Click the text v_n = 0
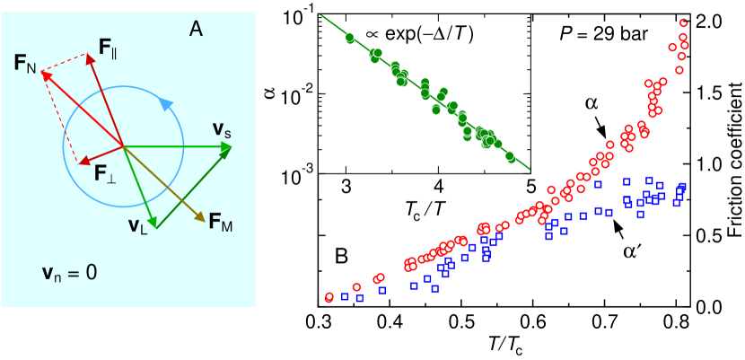click(x=70, y=272)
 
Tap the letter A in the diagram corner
click(x=196, y=30)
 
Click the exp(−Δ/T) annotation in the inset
click(x=419, y=34)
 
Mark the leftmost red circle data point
click(x=329, y=296)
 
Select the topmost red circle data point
click(x=685, y=22)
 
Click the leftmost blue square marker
click(x=346, y=297)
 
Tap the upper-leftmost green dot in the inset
click(x=349, y=38)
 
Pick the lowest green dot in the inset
click(x=511, y=157)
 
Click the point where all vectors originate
click(x=123, y=145)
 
